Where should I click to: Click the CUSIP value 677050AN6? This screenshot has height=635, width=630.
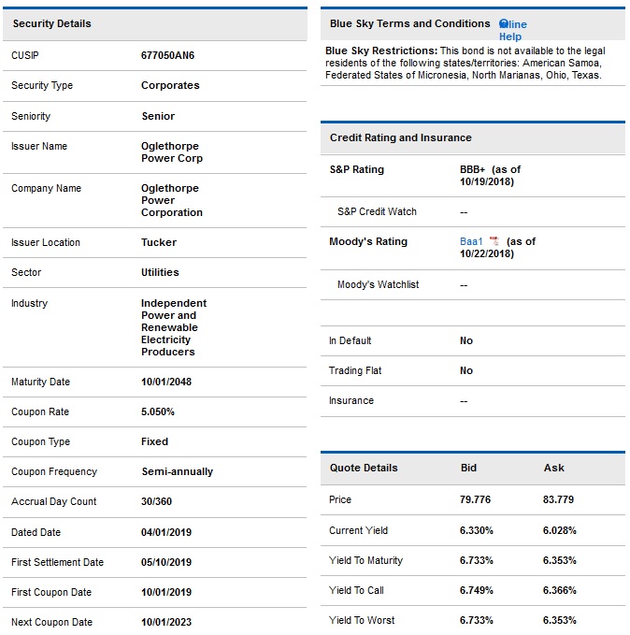pyautogui.click(x=167, y=55)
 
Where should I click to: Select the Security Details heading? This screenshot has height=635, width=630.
pyautogui.click(x=52, y=23)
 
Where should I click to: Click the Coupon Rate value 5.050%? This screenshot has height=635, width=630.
pyautogui.click(x=158, y=411)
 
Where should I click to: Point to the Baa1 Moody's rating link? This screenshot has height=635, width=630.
pyautogui.click(x=471, y=241)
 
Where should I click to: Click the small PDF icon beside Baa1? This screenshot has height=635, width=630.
pyautogui.click(x=494, y=241)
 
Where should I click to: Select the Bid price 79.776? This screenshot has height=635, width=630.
pyautogui.click(x=475, y=499)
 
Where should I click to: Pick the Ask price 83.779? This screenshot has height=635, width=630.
pyautogui.click(x=558, y=499)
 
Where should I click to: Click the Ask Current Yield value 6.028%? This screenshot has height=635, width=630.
pyautogui.click(x=559, y=530)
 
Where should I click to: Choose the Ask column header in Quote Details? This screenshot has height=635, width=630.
pyautogui.click(x=553, y=468)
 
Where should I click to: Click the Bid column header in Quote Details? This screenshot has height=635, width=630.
pyautogui.click(x=469, y=468)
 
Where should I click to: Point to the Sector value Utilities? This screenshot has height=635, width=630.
pyautogui.click(x=160, y=272)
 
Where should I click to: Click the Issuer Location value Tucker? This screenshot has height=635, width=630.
pyautogui.click(x=159, y=242)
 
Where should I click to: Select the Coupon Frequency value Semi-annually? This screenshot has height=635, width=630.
pyautogui.click(x=177, y=471)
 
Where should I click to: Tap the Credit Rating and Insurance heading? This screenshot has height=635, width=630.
pyautogui.click(x=400, y=137)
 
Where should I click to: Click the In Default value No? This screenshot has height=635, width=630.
pyautogui.click(x=466, y=340)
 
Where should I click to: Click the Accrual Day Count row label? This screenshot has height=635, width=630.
pyautogui.click(x=53, y=501)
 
